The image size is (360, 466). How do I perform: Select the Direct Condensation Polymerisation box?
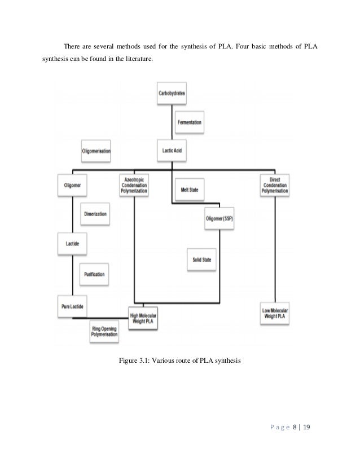[275, 186]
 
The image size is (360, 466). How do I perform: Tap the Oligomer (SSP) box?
[219, 219]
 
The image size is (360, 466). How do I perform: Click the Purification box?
[94, 275]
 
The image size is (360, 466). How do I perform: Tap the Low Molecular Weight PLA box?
[275, 314]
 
